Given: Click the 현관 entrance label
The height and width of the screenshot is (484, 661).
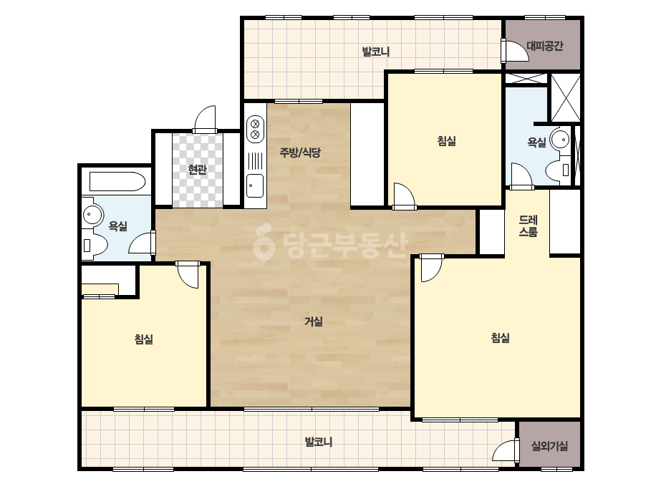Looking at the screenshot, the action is point(197,170).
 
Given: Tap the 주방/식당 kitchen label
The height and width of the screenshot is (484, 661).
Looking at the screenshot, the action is point(300,153).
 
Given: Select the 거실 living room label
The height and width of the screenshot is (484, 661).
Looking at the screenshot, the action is point(314,321).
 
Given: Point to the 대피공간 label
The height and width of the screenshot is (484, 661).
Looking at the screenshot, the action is point(545,46).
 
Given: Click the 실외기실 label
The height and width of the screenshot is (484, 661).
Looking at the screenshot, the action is point(549,446).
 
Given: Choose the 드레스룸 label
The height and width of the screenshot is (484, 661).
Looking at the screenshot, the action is point(529,226).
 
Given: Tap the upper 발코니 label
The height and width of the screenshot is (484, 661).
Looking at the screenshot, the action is point(375,52).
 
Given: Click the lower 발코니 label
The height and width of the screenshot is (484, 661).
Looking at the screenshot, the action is point(319,442).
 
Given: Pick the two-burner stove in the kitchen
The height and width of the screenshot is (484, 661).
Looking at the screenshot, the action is point(255,129).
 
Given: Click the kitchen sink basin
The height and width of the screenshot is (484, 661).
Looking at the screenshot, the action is point(255,185).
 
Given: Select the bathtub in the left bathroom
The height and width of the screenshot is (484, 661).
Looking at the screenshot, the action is point(117,181).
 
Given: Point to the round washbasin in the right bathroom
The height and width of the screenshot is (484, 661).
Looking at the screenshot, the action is point(561,139).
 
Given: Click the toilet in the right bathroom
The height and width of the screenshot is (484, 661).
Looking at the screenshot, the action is point(557,170).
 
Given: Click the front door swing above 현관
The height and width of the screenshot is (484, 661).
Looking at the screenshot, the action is point(205,119).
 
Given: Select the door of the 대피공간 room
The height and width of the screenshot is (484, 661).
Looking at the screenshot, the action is point(515,50).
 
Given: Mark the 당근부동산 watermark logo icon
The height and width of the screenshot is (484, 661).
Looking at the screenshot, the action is point(264,243).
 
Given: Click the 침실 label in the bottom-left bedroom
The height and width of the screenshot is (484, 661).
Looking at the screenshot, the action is point(144,339).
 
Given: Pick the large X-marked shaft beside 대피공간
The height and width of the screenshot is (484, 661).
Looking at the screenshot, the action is point(566,98).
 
